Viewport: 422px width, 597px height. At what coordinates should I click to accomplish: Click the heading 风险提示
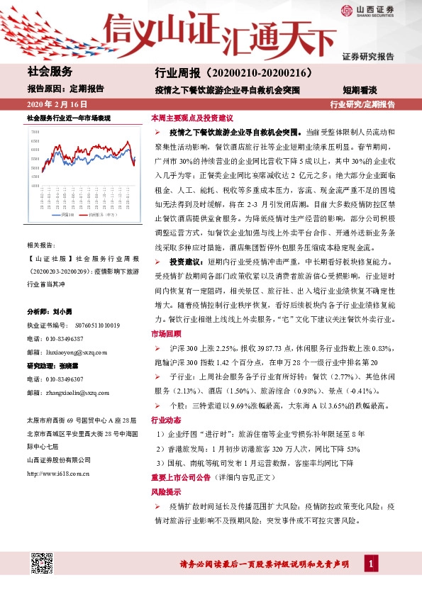(x=164, y=491)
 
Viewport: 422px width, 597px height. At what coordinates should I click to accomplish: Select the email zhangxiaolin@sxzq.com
(x=74, y=392)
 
